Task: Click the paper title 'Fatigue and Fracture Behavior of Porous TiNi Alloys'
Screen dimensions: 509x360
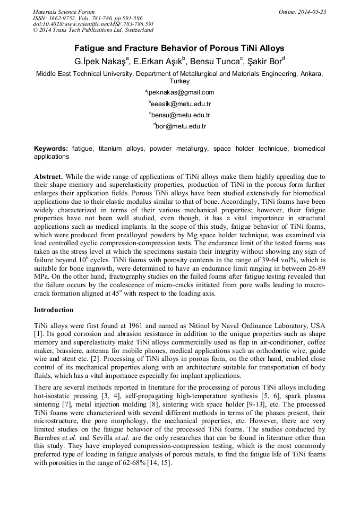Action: point(179,48)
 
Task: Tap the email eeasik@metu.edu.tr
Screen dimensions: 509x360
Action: point(179,103)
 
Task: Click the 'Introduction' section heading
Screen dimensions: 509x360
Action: point(54,309)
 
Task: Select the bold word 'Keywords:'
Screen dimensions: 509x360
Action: point(51,149)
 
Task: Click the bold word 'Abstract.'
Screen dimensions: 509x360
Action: point(49,176)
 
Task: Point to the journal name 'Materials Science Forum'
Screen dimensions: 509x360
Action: point(64,12)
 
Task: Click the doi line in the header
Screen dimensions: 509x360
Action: point(93,24)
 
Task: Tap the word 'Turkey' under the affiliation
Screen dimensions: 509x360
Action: point(179,82)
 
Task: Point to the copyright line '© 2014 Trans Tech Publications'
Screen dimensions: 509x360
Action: point(93,30)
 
